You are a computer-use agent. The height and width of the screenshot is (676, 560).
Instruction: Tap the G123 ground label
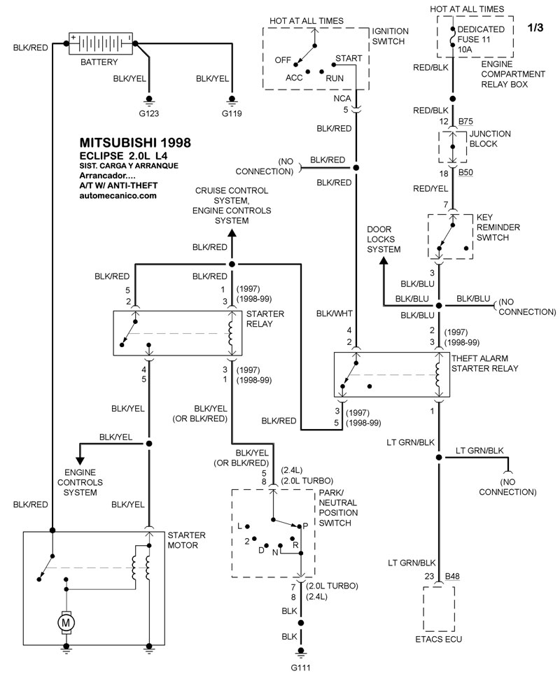(149, 113)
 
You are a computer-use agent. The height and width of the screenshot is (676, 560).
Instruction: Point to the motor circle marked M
(66, 621)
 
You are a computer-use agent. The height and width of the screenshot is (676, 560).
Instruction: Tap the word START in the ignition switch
(349, 57)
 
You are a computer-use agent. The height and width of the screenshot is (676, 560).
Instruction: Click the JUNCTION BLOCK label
(490, 139)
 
